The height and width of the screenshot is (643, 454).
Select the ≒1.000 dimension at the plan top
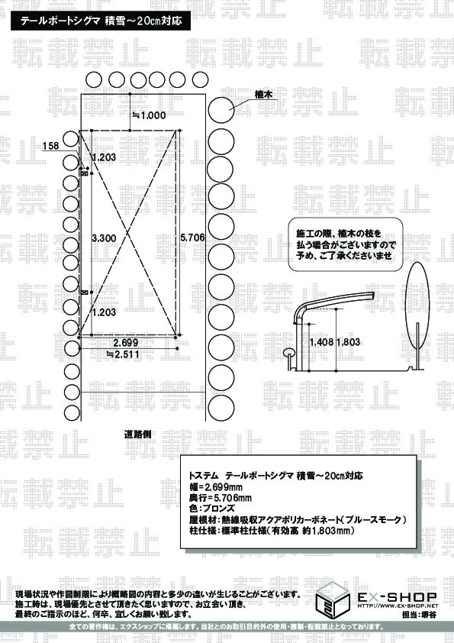[x=149, y=115]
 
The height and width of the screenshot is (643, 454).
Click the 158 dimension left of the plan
[x=52, y=145]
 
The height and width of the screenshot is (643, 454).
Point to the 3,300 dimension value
[x=103, y=238]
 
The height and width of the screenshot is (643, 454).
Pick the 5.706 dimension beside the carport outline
[x=192, y=238]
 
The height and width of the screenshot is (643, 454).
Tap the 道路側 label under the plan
[x=138, y=433]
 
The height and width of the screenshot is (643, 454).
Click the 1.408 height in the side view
[x=320, y=343]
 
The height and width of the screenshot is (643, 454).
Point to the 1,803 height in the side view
[x=349, y=343]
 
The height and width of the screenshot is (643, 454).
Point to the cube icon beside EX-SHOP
[x=336, y=599]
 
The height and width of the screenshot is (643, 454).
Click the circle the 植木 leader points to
[x=221, y=108]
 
